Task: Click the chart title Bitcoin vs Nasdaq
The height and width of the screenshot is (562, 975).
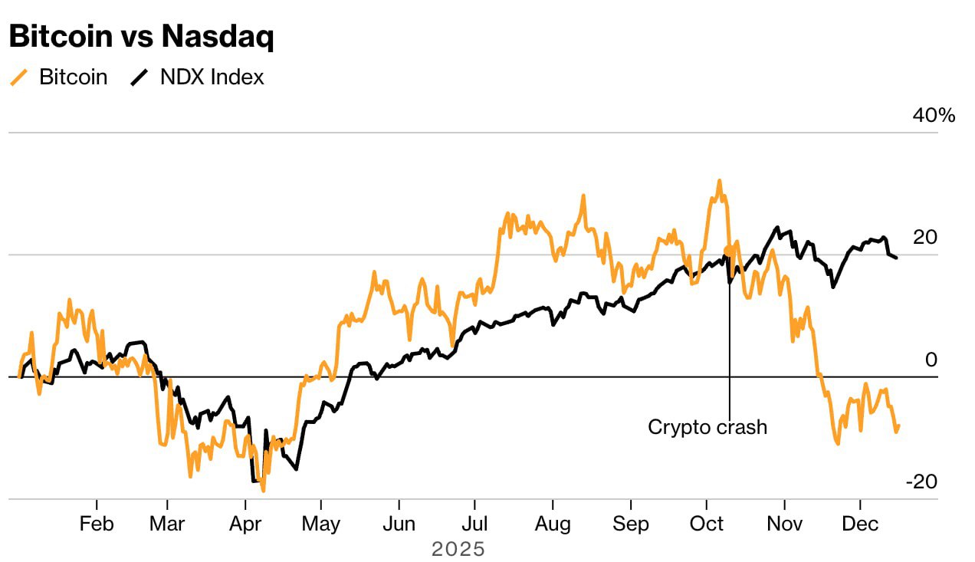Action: point(141,38)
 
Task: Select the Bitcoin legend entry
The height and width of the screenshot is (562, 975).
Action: point(73,77)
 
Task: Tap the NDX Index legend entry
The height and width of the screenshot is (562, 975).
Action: point(212,77)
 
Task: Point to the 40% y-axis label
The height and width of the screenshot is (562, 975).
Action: point(934,116)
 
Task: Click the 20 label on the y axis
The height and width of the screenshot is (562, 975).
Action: point(925,238)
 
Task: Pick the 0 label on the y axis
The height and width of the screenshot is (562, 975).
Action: point(931,360)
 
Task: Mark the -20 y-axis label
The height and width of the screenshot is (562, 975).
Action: point(921,481)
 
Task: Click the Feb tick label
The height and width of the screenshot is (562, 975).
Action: point(97,524)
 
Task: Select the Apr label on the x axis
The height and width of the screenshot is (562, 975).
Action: point(245,524)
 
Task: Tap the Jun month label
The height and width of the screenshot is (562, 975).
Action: point(399,524)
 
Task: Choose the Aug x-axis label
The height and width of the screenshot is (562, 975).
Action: point(553,524)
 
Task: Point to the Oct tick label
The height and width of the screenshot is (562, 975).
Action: point(707,524)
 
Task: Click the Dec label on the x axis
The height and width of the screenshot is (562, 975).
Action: point(860,524)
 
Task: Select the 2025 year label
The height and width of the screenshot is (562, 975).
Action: point(458,549)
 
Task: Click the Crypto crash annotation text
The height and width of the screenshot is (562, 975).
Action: point(707,427)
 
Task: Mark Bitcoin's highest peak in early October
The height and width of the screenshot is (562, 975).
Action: point(719,181)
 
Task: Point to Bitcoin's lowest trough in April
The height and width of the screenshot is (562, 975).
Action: point(263,490)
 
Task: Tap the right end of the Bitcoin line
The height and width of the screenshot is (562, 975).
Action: point(898,426)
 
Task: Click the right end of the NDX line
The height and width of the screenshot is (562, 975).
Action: point(897,257)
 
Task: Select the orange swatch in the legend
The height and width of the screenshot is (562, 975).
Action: point(19,77)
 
